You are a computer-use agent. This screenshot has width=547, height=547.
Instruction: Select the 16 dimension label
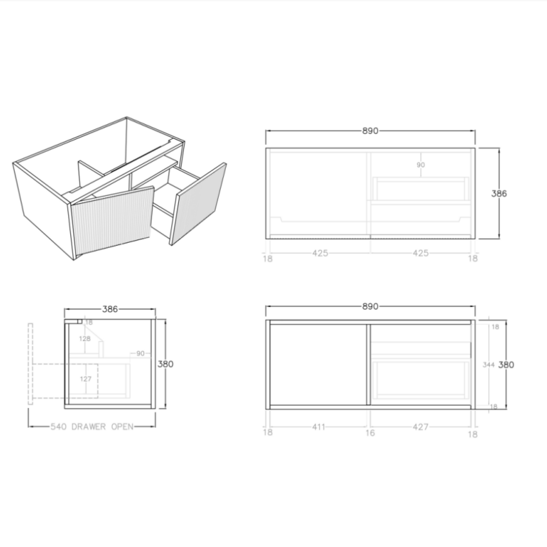(370, 433)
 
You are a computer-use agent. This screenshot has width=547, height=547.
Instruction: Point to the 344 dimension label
(488, 364)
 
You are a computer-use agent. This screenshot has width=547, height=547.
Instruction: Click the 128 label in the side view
(84, 338)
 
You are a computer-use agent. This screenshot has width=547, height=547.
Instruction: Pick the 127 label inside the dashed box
(86, 379)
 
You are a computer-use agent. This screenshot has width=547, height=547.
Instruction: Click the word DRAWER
(91, 427)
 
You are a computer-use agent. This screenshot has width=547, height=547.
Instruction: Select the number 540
(59, 427)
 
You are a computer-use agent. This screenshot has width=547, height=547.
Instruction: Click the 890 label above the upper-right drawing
(369, 131)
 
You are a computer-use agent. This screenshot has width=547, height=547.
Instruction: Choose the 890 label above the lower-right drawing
(369, 307)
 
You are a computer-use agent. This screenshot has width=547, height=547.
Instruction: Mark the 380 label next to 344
(506, 364)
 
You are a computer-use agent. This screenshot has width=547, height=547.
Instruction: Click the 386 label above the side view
(110, 309)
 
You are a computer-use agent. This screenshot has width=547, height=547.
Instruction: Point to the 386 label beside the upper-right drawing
(499, 193)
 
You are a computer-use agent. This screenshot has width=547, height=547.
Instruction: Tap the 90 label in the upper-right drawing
(420, 165)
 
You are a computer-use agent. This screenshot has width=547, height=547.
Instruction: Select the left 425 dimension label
(320, 253)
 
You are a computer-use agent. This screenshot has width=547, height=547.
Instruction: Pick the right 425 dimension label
(420, 253)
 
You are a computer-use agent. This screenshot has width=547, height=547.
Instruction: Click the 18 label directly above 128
(89, 322)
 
